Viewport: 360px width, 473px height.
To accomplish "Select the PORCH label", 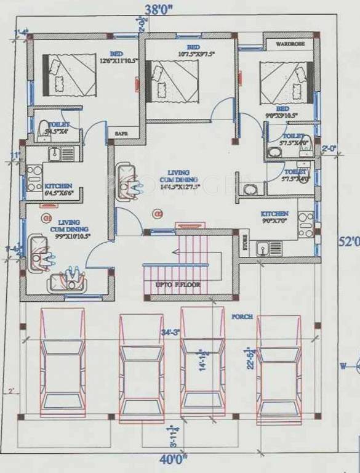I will point(242,317).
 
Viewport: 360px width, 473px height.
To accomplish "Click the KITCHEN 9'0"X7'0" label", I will point(274,217).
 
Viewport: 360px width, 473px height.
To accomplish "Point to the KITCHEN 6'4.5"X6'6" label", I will point(58,189).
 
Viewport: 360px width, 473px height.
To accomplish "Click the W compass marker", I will point(343,366).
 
